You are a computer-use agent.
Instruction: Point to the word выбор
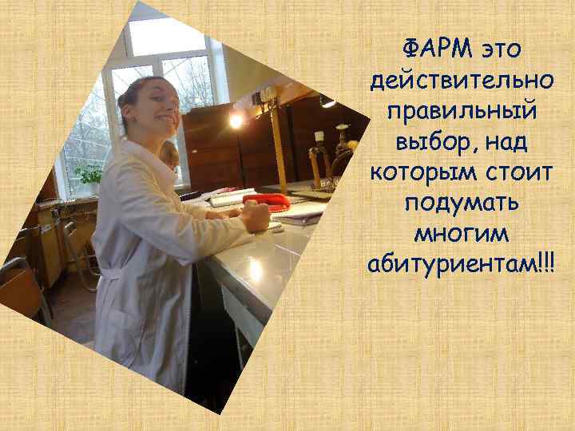coord(430,141)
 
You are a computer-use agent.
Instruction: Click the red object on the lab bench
coord(266,200)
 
